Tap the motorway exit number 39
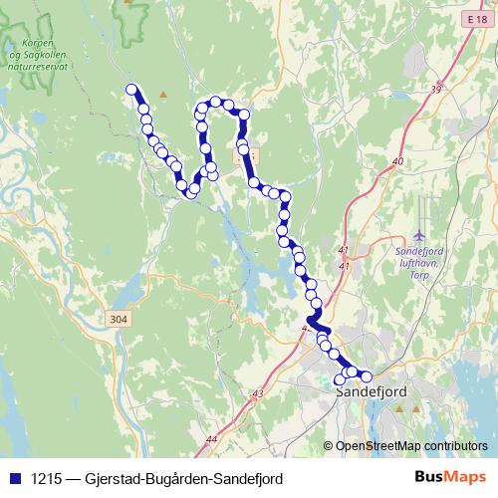(435, 91)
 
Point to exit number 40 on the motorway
(398, 160)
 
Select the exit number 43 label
(258, 395)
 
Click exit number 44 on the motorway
(212, 438)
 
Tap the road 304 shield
(118, 319)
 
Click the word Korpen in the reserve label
(36, 44)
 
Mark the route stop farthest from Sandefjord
(130, 90)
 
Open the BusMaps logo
(450, 477)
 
